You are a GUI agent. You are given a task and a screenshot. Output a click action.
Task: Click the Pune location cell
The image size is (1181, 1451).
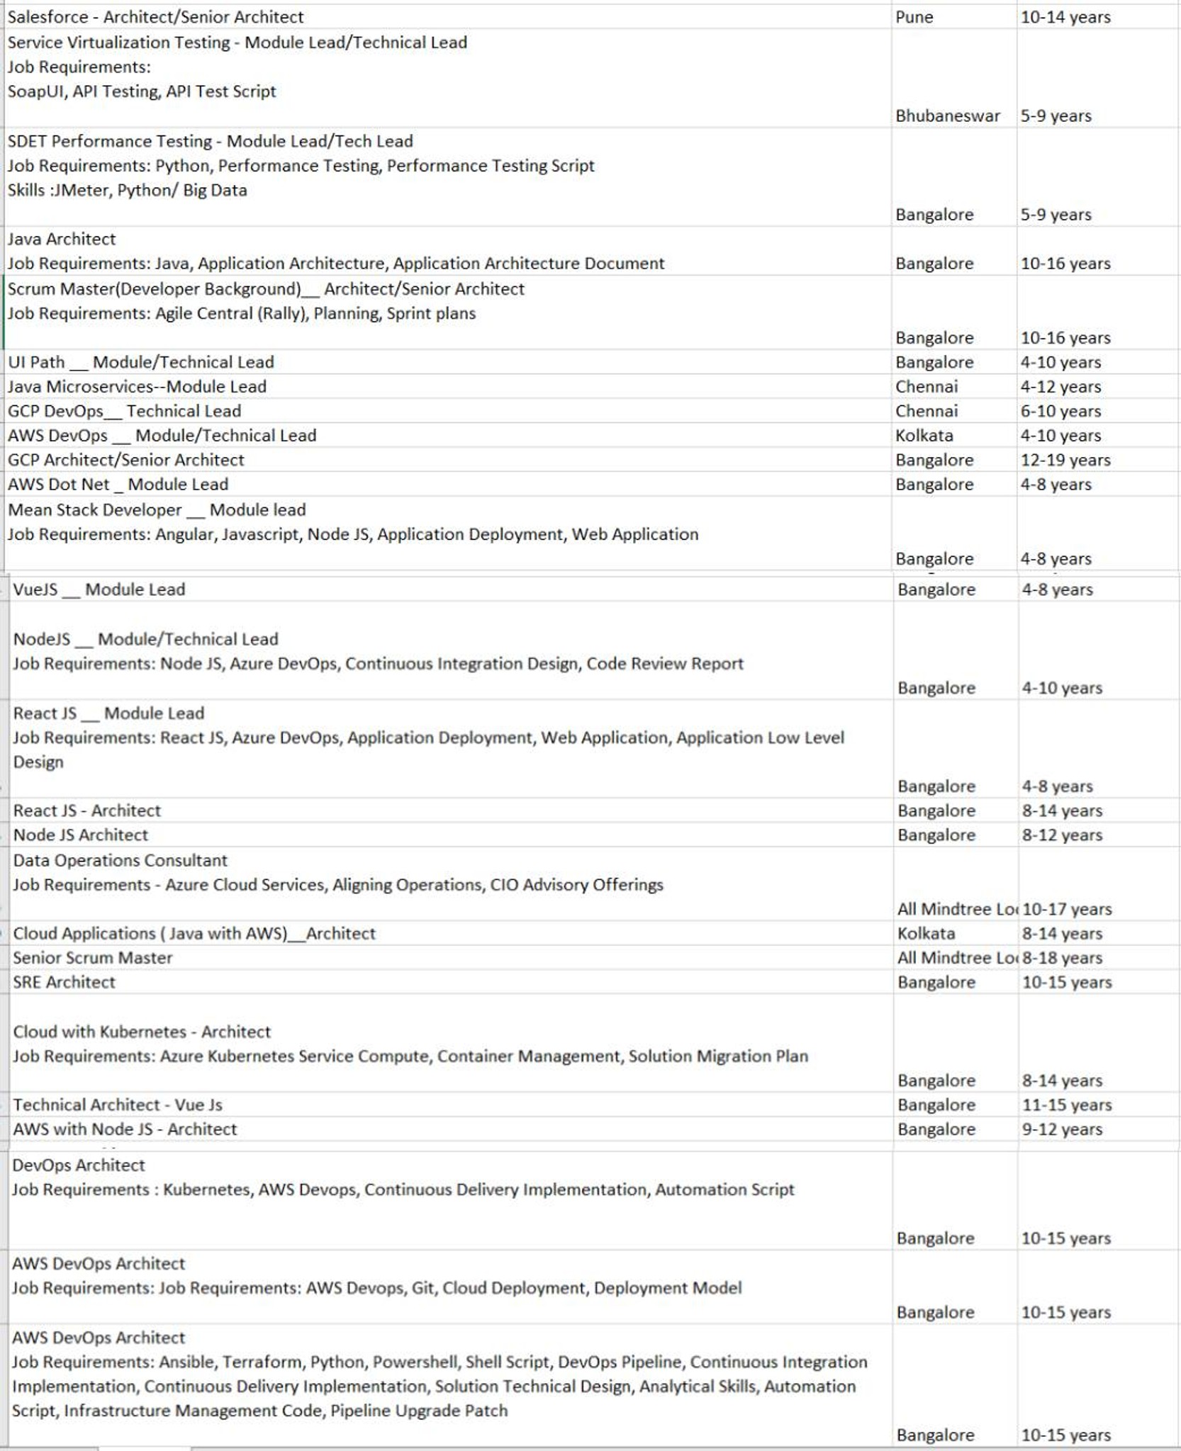pos(914,17)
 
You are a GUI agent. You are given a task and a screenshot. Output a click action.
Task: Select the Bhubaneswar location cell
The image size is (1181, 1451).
pos(947,115)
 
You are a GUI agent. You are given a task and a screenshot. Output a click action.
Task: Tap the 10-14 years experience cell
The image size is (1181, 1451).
pos(1065,17)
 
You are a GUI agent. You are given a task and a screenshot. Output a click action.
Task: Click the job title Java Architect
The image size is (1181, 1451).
pos(62,239)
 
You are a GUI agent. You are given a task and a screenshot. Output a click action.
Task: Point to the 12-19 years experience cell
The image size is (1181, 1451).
pos(1065,460)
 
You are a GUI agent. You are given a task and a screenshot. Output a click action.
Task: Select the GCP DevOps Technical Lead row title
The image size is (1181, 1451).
pos(125,411)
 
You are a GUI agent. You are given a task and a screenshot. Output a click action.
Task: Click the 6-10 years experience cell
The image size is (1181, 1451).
pos(1060,411)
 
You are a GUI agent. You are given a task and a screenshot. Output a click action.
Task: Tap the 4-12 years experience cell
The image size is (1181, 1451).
pos(1060,387)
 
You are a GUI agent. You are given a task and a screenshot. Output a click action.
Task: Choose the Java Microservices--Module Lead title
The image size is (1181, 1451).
pos(137,387)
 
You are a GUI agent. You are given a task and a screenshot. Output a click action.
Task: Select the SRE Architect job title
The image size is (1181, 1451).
pos(64,982)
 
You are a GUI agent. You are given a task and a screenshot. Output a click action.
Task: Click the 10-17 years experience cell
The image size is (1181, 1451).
pos(1067,909)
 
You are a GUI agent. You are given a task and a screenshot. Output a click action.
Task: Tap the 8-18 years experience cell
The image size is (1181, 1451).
pos(1062,958)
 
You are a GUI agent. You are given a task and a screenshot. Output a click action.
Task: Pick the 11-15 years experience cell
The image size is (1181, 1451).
pos(1066,1105)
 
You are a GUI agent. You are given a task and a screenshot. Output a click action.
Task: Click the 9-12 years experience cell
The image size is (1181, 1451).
pos(1062,1129)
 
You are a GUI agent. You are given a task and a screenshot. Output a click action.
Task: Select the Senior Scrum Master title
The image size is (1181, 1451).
pos(93,958)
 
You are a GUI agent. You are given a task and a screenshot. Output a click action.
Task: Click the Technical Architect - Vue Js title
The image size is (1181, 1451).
pos(118,1105)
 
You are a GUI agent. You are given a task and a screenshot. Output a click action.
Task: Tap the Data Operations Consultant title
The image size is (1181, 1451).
pos(121,860)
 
